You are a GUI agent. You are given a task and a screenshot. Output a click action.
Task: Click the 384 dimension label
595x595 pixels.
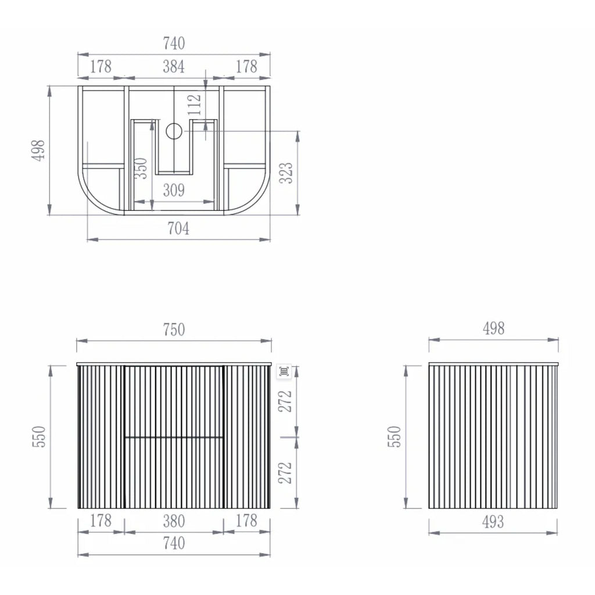(x=174, y=67)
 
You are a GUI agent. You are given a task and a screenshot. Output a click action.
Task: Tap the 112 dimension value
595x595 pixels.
(x=194, y=105)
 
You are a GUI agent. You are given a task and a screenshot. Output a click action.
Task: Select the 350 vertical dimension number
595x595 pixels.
(x=141, y=168)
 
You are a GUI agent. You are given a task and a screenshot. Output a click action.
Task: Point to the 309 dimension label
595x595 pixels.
(x=174, y=190)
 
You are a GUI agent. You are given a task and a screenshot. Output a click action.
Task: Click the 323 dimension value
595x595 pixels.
(x=286, y=173)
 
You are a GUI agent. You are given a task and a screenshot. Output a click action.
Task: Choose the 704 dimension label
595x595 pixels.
(x=178, y=228)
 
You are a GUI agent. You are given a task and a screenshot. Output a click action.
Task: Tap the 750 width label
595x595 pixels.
(x=174, y=330)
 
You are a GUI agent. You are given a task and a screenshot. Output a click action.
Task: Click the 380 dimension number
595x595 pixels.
(x=174, y=521)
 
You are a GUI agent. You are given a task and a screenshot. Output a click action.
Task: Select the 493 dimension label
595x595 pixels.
(x=493, y=522)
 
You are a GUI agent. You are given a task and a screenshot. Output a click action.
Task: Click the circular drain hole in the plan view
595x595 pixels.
(x=174, y=131)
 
